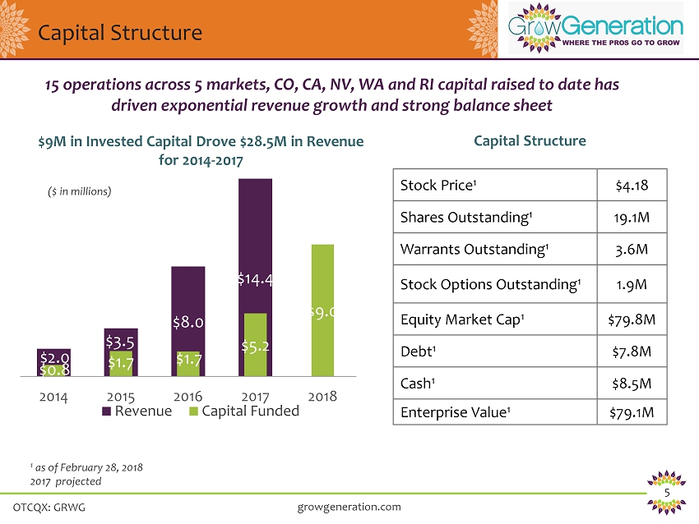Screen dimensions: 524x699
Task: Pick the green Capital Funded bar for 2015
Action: tap(122, 363)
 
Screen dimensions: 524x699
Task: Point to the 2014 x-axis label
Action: tap(53, 396)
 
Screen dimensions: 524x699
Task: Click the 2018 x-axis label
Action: tap(322, 396)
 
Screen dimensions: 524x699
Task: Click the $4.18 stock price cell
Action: tap(632, 186)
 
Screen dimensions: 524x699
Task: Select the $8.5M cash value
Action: tap(632, 382)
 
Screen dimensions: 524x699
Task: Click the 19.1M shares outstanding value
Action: tap(632, 217)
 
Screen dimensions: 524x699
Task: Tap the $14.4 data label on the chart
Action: tap(255, 279)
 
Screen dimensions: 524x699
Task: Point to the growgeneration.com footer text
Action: tap(349, 507)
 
